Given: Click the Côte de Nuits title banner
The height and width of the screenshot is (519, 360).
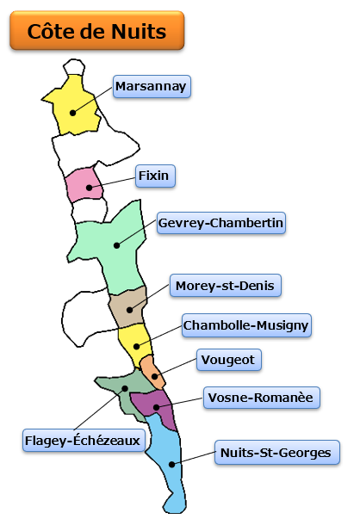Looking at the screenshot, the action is point(97,31).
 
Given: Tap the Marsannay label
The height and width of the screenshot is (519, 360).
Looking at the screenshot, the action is point(152,86).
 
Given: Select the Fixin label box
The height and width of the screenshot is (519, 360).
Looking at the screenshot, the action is point(155,176).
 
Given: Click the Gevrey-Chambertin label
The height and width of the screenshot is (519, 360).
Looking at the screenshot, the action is point(221,223).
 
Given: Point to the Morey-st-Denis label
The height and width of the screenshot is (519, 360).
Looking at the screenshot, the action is point(226,285).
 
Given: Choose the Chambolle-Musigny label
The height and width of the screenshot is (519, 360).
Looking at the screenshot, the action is point(246,325).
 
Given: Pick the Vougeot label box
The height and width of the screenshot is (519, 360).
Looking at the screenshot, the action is point(229,360).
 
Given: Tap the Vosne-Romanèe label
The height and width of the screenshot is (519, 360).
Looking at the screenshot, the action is point(262,398).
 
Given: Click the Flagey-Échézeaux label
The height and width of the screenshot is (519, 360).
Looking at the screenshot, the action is point(84,441).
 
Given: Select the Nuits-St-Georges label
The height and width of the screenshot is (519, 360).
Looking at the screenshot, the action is point(277,453).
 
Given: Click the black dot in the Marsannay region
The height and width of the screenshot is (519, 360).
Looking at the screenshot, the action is point(73,113).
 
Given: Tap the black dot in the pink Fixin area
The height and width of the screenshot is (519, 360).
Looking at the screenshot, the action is point(89,188).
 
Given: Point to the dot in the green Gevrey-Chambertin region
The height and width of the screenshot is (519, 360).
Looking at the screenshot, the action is point(116,245).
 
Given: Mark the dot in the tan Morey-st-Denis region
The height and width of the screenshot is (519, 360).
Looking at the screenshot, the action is point(130,310).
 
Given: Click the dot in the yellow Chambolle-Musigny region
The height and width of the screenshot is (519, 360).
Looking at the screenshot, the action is point(136,347).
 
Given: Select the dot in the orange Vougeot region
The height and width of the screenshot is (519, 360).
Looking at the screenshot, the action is point(155,377).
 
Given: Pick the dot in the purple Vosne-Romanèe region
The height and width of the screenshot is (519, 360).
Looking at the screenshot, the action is point(157,407).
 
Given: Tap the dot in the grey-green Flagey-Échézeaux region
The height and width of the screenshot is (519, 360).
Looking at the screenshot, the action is point(125,388).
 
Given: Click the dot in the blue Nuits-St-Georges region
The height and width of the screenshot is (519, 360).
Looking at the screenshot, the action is point(172,465).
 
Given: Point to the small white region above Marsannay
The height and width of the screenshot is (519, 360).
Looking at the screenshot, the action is point(74,67).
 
